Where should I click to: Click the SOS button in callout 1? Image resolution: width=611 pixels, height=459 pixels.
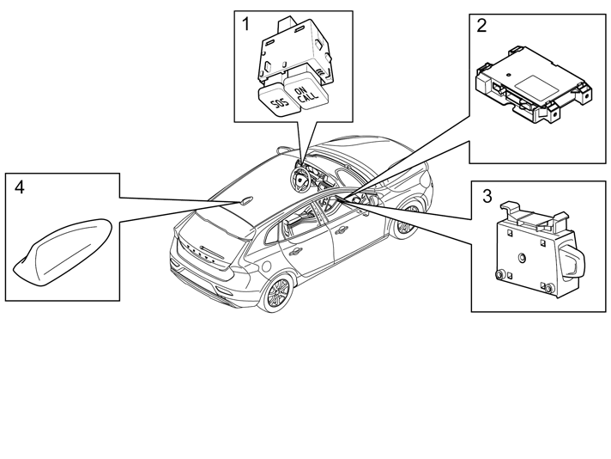[x=277, y=100]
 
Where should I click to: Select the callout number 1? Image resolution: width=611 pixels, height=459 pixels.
[x=245, y=24]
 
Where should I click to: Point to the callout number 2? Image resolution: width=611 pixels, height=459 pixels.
[x=481, y=26]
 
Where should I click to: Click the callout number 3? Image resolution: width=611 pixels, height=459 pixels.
[x=487, y=196]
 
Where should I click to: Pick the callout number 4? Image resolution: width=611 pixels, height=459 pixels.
[x=19, y=187]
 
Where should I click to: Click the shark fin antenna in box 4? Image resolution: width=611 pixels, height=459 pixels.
[x=64, y=253]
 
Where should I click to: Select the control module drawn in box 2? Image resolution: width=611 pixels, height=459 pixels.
[x=535, y=85]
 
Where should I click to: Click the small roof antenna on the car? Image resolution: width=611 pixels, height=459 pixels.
[x=245, y=200]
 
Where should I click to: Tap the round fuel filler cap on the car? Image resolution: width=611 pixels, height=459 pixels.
[x=265, y=266]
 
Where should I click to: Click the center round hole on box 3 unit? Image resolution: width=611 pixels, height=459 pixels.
[x=522, y=257]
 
